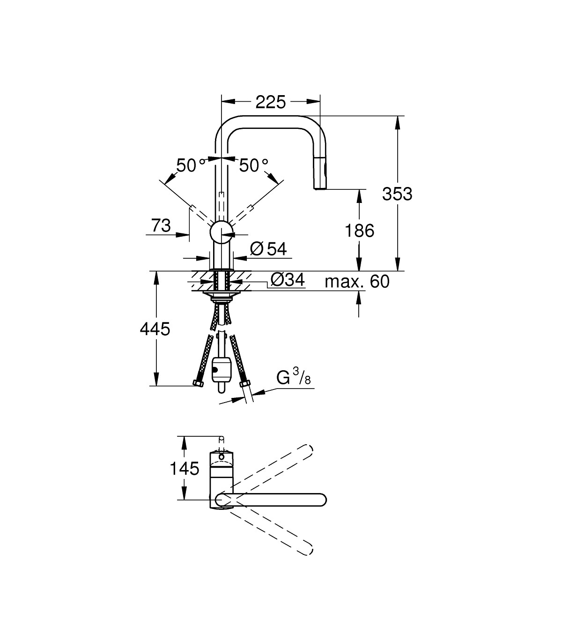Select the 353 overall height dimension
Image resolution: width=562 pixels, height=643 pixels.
[397, 194]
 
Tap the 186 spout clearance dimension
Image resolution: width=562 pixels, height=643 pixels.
[359, 230]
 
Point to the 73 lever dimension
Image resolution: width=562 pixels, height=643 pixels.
[161, 226]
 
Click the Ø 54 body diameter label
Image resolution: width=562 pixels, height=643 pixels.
[268, 249]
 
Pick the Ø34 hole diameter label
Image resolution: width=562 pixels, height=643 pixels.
[288, 280]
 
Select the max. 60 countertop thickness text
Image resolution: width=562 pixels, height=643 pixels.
[357, 282]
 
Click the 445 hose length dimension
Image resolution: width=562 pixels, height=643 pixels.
[155, 329]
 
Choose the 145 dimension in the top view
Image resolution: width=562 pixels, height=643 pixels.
[185, 468]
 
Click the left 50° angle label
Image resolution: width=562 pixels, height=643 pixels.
[190, 165]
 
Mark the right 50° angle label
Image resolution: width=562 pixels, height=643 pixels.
[253, 165]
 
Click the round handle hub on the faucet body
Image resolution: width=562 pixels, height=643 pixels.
[221, 232]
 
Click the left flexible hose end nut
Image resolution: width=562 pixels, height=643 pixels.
[197, 383]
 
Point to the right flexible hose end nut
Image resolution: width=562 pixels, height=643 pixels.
[243, 385]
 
